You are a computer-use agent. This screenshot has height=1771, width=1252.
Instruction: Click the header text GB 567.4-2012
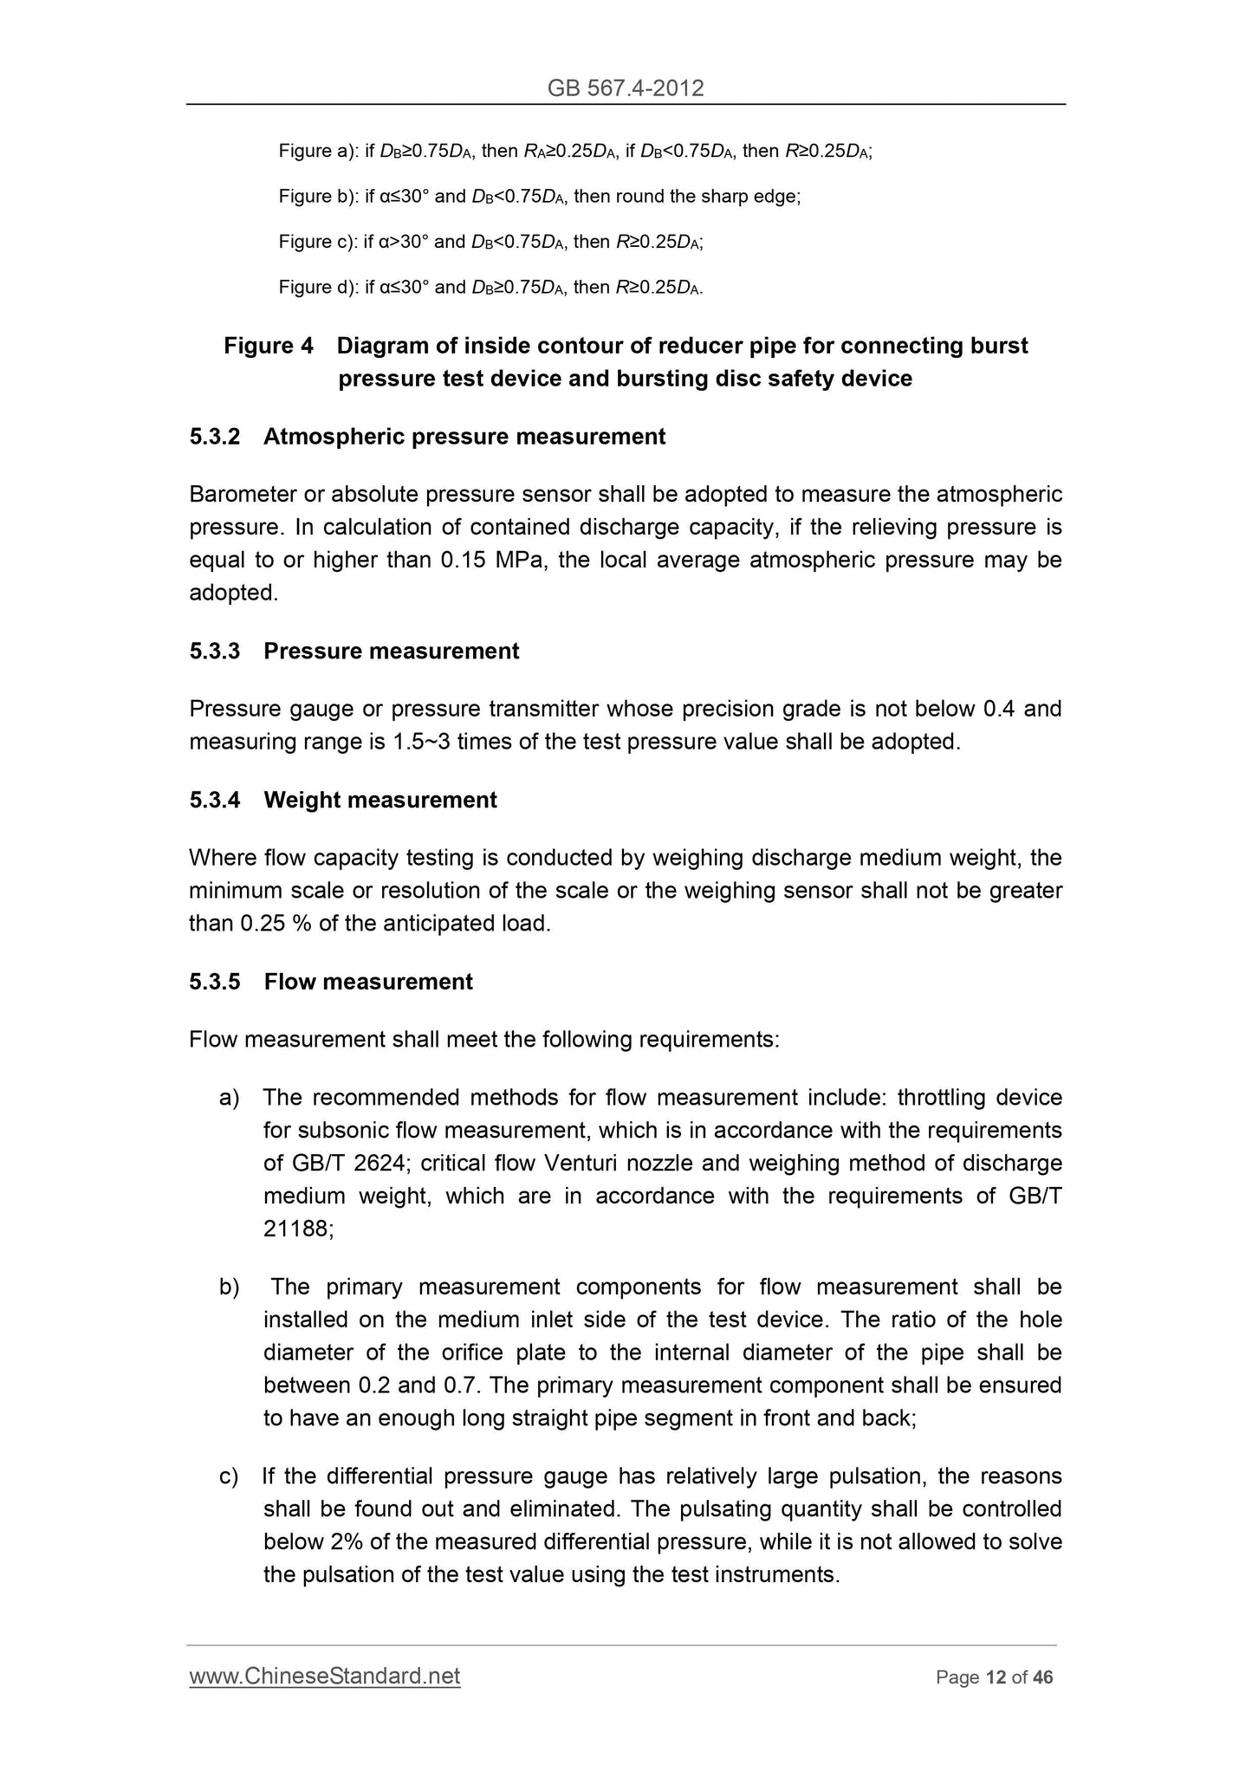626,88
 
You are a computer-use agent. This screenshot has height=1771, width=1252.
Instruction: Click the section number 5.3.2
214,437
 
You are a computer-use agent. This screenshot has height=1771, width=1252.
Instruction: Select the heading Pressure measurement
391,652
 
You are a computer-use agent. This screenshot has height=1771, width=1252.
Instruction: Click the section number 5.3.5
214,982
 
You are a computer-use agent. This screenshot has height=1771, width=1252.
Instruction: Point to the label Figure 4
269,346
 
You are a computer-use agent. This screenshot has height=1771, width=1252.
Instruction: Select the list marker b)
230,1288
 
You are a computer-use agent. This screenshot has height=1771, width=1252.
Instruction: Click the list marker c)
229,1476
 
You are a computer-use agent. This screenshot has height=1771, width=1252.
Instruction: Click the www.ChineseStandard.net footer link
325,1677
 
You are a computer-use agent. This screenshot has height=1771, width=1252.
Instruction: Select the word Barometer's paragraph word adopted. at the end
234,593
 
